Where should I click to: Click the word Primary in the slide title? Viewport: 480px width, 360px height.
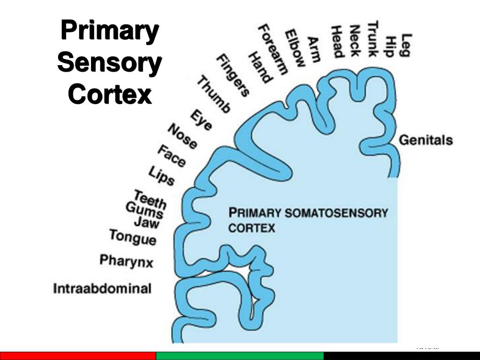pyautogui.click(x=110, y=32)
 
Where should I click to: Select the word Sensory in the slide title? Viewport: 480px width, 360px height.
pyautogui.click(x=110, y=63)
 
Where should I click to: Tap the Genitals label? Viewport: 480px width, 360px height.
pyautogui.click(x=426, y=140)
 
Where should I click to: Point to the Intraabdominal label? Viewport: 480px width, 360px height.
pyautogui.click(x=102, y=288)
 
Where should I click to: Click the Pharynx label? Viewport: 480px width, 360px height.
pyautogui.click(x=126, y=261)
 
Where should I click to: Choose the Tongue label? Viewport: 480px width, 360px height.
pyautogui.click(x=133, y=237)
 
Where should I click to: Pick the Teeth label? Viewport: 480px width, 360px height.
pyautogui.click(x=150, y=199)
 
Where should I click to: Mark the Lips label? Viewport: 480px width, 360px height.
pyautogui.click(x=161, y=176)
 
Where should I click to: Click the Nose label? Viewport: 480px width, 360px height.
pyautogui.click(x=182, y=136)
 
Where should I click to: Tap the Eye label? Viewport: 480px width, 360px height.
pyautogui.click(x=201, y=120)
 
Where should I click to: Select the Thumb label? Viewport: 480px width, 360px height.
pyautogui.click(x=213, y=95)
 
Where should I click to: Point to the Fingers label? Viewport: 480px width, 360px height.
pyautogui.click(x=232, y=75)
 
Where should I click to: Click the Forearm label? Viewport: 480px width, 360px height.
pyautogui.click(x=273, y=49)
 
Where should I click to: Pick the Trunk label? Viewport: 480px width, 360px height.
pyautogui.click(x=373, y=38)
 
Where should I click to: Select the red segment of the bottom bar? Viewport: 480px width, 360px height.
pyautogui.click(x=77, y=356)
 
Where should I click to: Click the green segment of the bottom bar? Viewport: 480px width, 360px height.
pyautogui.click(x=240, y=356)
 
